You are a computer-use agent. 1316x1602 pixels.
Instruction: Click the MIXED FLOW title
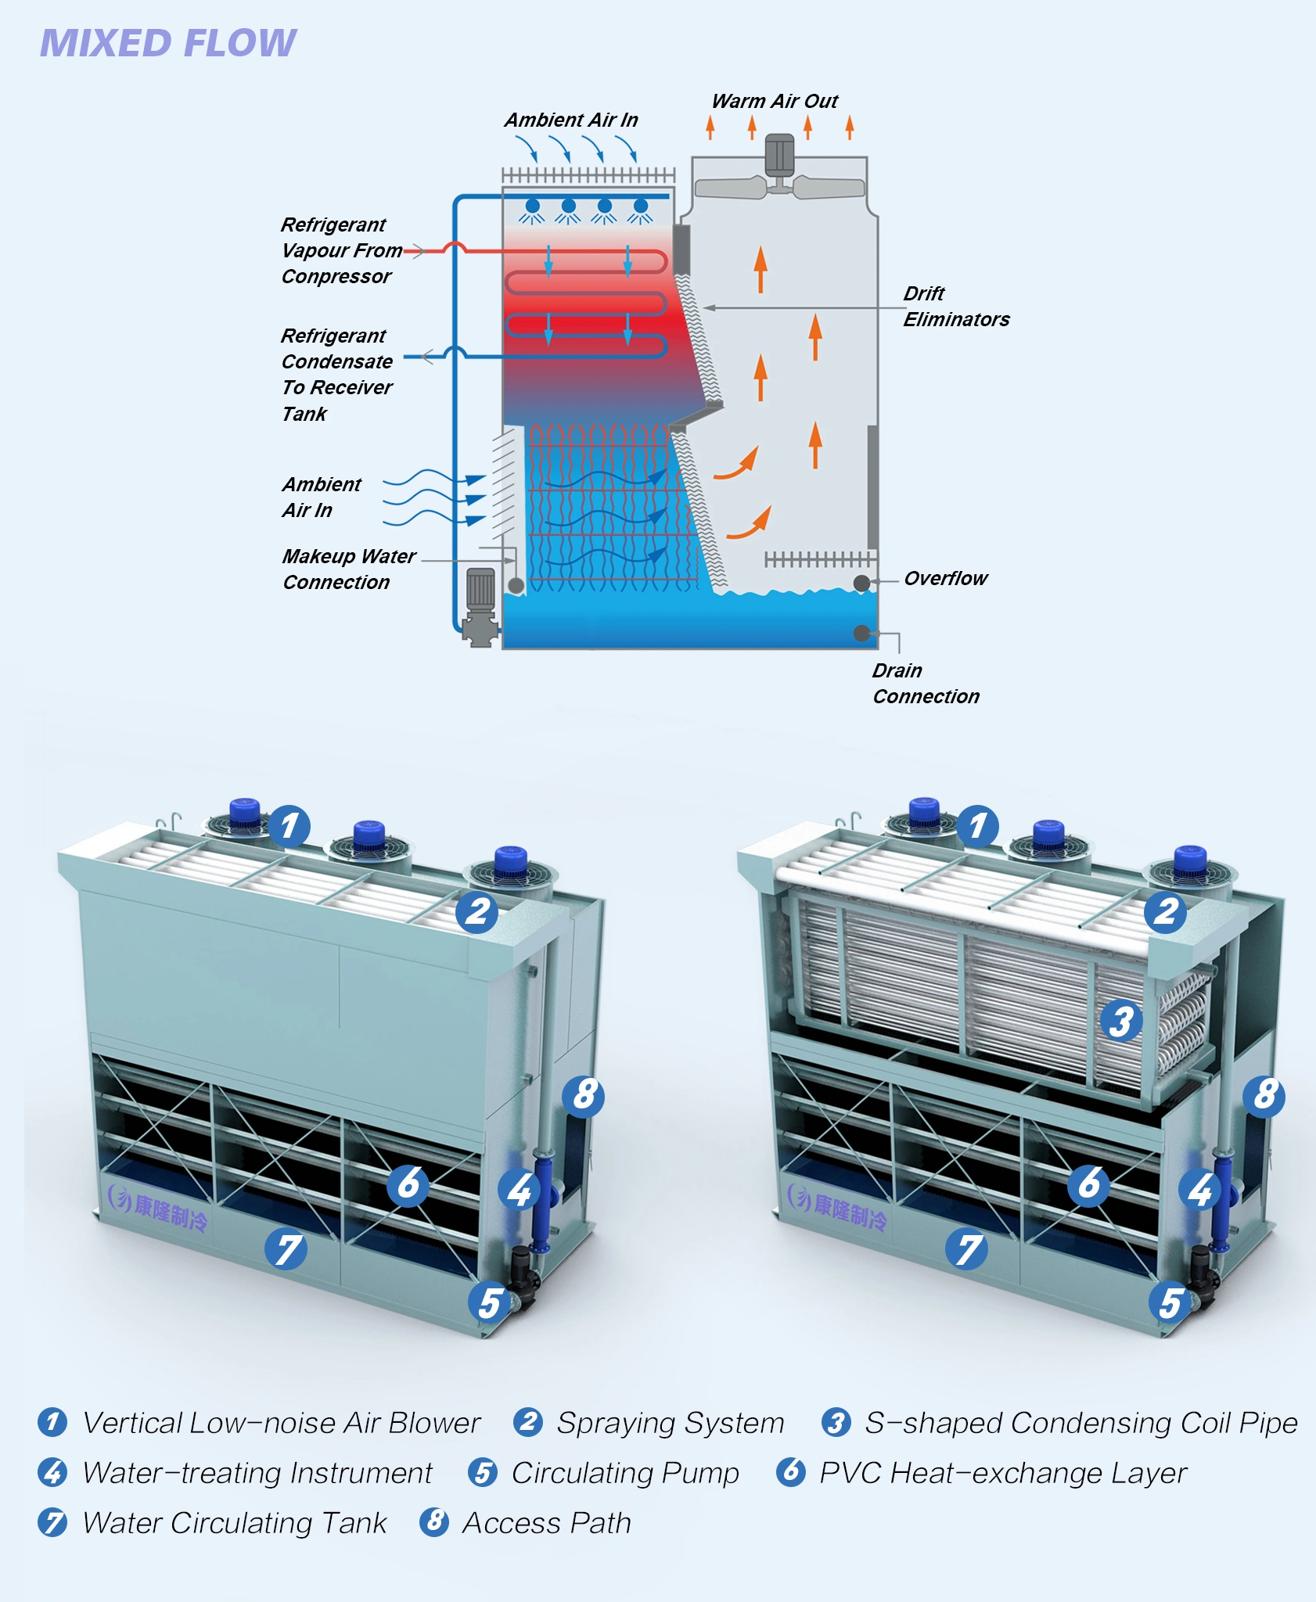coord(168,43)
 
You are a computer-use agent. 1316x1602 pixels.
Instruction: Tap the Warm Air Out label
coord(774,102)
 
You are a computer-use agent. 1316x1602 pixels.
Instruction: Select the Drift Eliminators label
coord(955,306)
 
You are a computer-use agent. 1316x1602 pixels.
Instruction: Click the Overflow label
coord(945,578)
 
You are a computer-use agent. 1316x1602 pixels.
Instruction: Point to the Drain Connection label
coord(926,683)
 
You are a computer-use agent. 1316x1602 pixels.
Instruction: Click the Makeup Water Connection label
coord(348,569)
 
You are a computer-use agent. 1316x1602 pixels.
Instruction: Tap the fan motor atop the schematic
coord(779,156)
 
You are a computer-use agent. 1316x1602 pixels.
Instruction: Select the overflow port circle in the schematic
coord(861,583)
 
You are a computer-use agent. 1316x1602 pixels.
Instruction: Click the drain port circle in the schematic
coord(861,633)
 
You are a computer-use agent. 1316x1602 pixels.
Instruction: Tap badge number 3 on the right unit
coord(1121,1021)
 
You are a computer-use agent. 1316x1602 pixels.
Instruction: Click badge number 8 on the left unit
coord(584,1095)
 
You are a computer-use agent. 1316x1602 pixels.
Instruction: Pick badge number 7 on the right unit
coord(968,1249)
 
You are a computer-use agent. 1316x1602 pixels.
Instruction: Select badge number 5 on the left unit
coord(490,1302)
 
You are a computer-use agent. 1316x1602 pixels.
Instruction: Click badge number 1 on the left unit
coord(289,826)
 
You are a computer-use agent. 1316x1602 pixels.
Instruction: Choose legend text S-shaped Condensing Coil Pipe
coord(1080,1423)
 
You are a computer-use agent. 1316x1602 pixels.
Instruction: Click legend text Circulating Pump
coord(624,1473)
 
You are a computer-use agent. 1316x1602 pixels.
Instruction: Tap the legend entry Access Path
coord(546,1523)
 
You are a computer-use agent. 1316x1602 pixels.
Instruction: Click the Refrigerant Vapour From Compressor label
coord(340,250)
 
